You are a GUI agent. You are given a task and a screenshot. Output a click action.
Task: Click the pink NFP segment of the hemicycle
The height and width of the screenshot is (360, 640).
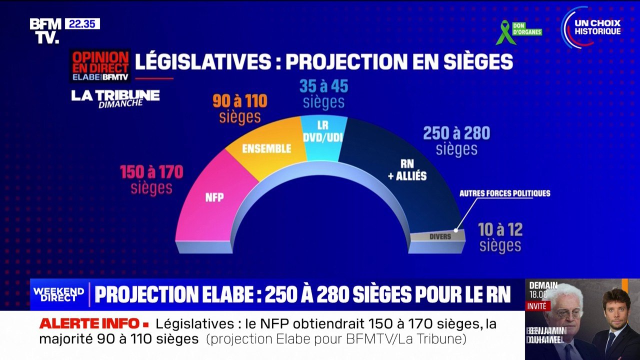point(210,200)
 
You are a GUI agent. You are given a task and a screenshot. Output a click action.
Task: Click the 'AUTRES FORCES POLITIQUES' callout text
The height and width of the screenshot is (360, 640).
point(504,193)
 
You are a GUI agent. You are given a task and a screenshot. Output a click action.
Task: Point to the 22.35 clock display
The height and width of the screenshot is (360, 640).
point(82,24)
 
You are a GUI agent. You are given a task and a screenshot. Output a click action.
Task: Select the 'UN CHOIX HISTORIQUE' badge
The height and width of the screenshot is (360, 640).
point(592,27)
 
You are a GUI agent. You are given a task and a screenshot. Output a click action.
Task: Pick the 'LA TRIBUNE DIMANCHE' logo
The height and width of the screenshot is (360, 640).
point(115,98)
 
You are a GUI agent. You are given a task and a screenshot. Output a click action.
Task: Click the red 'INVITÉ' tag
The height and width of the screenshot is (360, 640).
point(538,306)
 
